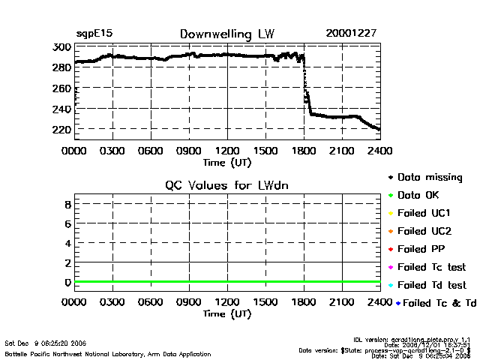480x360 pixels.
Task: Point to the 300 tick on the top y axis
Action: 62,46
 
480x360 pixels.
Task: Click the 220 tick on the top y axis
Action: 62,130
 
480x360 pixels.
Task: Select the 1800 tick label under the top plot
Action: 304,150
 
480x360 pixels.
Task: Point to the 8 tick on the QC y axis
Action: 67,204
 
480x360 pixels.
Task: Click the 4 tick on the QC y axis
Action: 67,243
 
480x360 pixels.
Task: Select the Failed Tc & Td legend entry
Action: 435,302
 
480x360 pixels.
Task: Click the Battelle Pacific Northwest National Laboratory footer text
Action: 108,353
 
